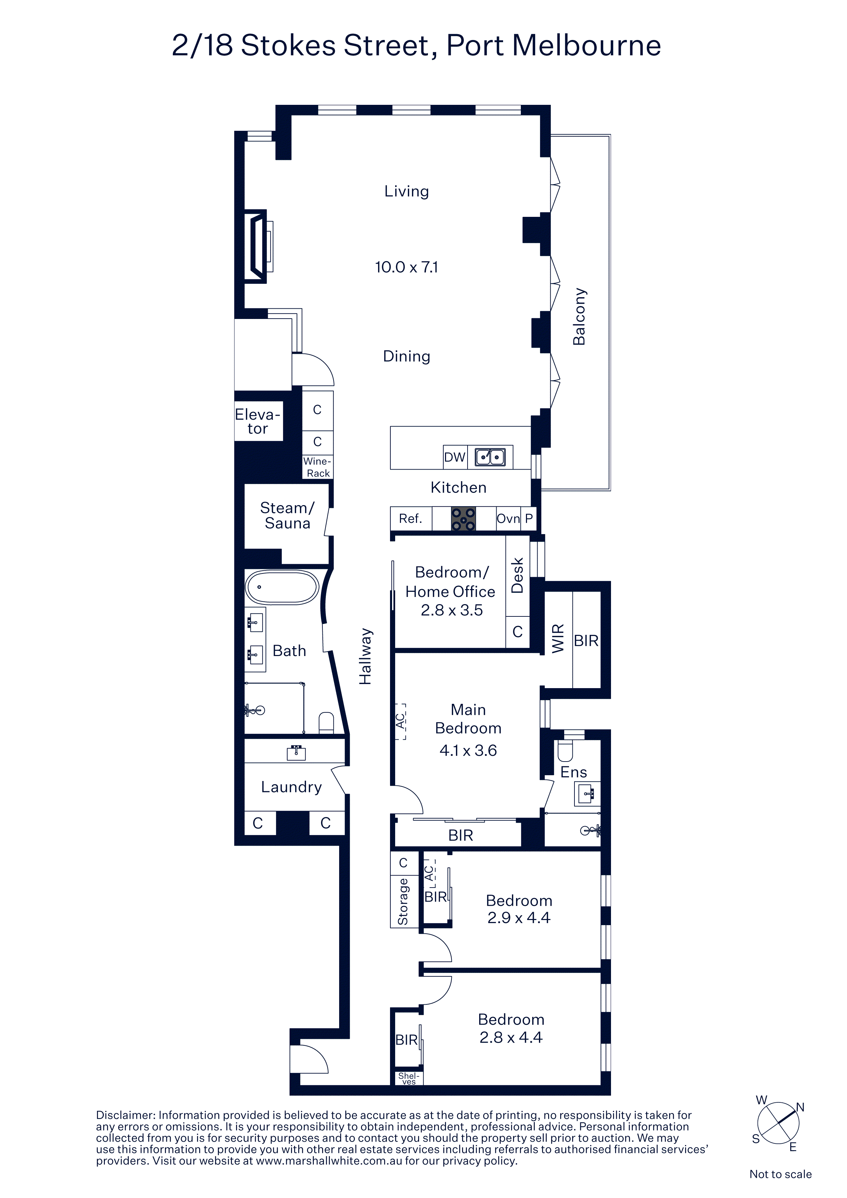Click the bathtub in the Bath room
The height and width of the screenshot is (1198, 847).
tap(282, 587)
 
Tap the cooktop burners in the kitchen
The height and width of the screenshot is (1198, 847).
tap(463, 519)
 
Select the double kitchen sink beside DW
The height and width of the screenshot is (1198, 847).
tap(490, 457)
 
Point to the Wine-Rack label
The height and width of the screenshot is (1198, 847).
tap(318, 467)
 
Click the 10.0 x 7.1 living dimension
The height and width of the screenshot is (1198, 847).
tap(406, 267)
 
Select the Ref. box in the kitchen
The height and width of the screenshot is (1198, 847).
tap(411, 519)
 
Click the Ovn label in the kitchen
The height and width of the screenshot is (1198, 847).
tap(508, 519)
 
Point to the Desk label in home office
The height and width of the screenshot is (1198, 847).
tap(517, 575)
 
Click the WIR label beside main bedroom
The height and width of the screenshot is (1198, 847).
tap(558, 638)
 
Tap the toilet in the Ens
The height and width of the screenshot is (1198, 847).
tap(566, 750)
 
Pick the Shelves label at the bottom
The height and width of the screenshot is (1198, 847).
tap(408, 1078)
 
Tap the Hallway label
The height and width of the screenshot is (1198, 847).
tap(365, 656)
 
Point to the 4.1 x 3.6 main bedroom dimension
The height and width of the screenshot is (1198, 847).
tap(468, 750)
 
